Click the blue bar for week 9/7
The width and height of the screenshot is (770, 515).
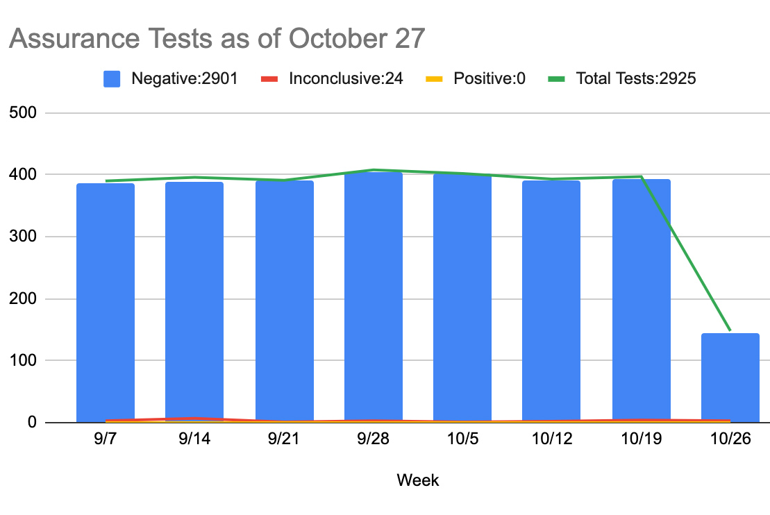pos(106,302)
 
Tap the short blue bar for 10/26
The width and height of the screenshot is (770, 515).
pos(730,378)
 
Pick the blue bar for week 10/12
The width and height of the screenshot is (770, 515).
pos(551,301)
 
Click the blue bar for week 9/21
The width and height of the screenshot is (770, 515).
pos(285,301)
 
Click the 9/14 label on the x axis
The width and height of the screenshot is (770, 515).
pos(194,442)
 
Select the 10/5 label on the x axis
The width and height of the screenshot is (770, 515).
pos(462,442)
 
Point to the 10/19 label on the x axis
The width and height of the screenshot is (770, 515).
pos(641,442)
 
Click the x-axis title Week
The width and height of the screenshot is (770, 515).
pos(418,480)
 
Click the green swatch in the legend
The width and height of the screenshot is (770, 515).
pos(556,78)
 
